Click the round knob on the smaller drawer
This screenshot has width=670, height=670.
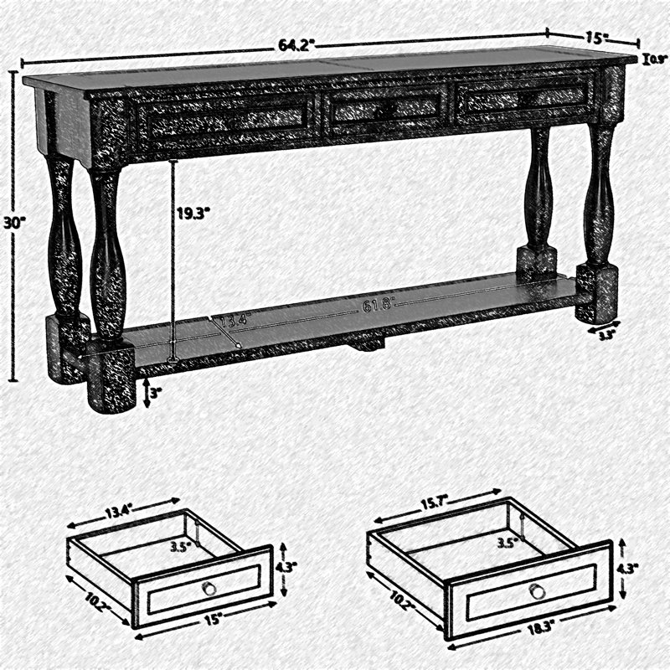(209, 589)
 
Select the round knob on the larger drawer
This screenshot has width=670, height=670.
(538, 591)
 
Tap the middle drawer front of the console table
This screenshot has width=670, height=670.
(385, 107)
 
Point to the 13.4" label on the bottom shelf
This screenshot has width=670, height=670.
(234, 321)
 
